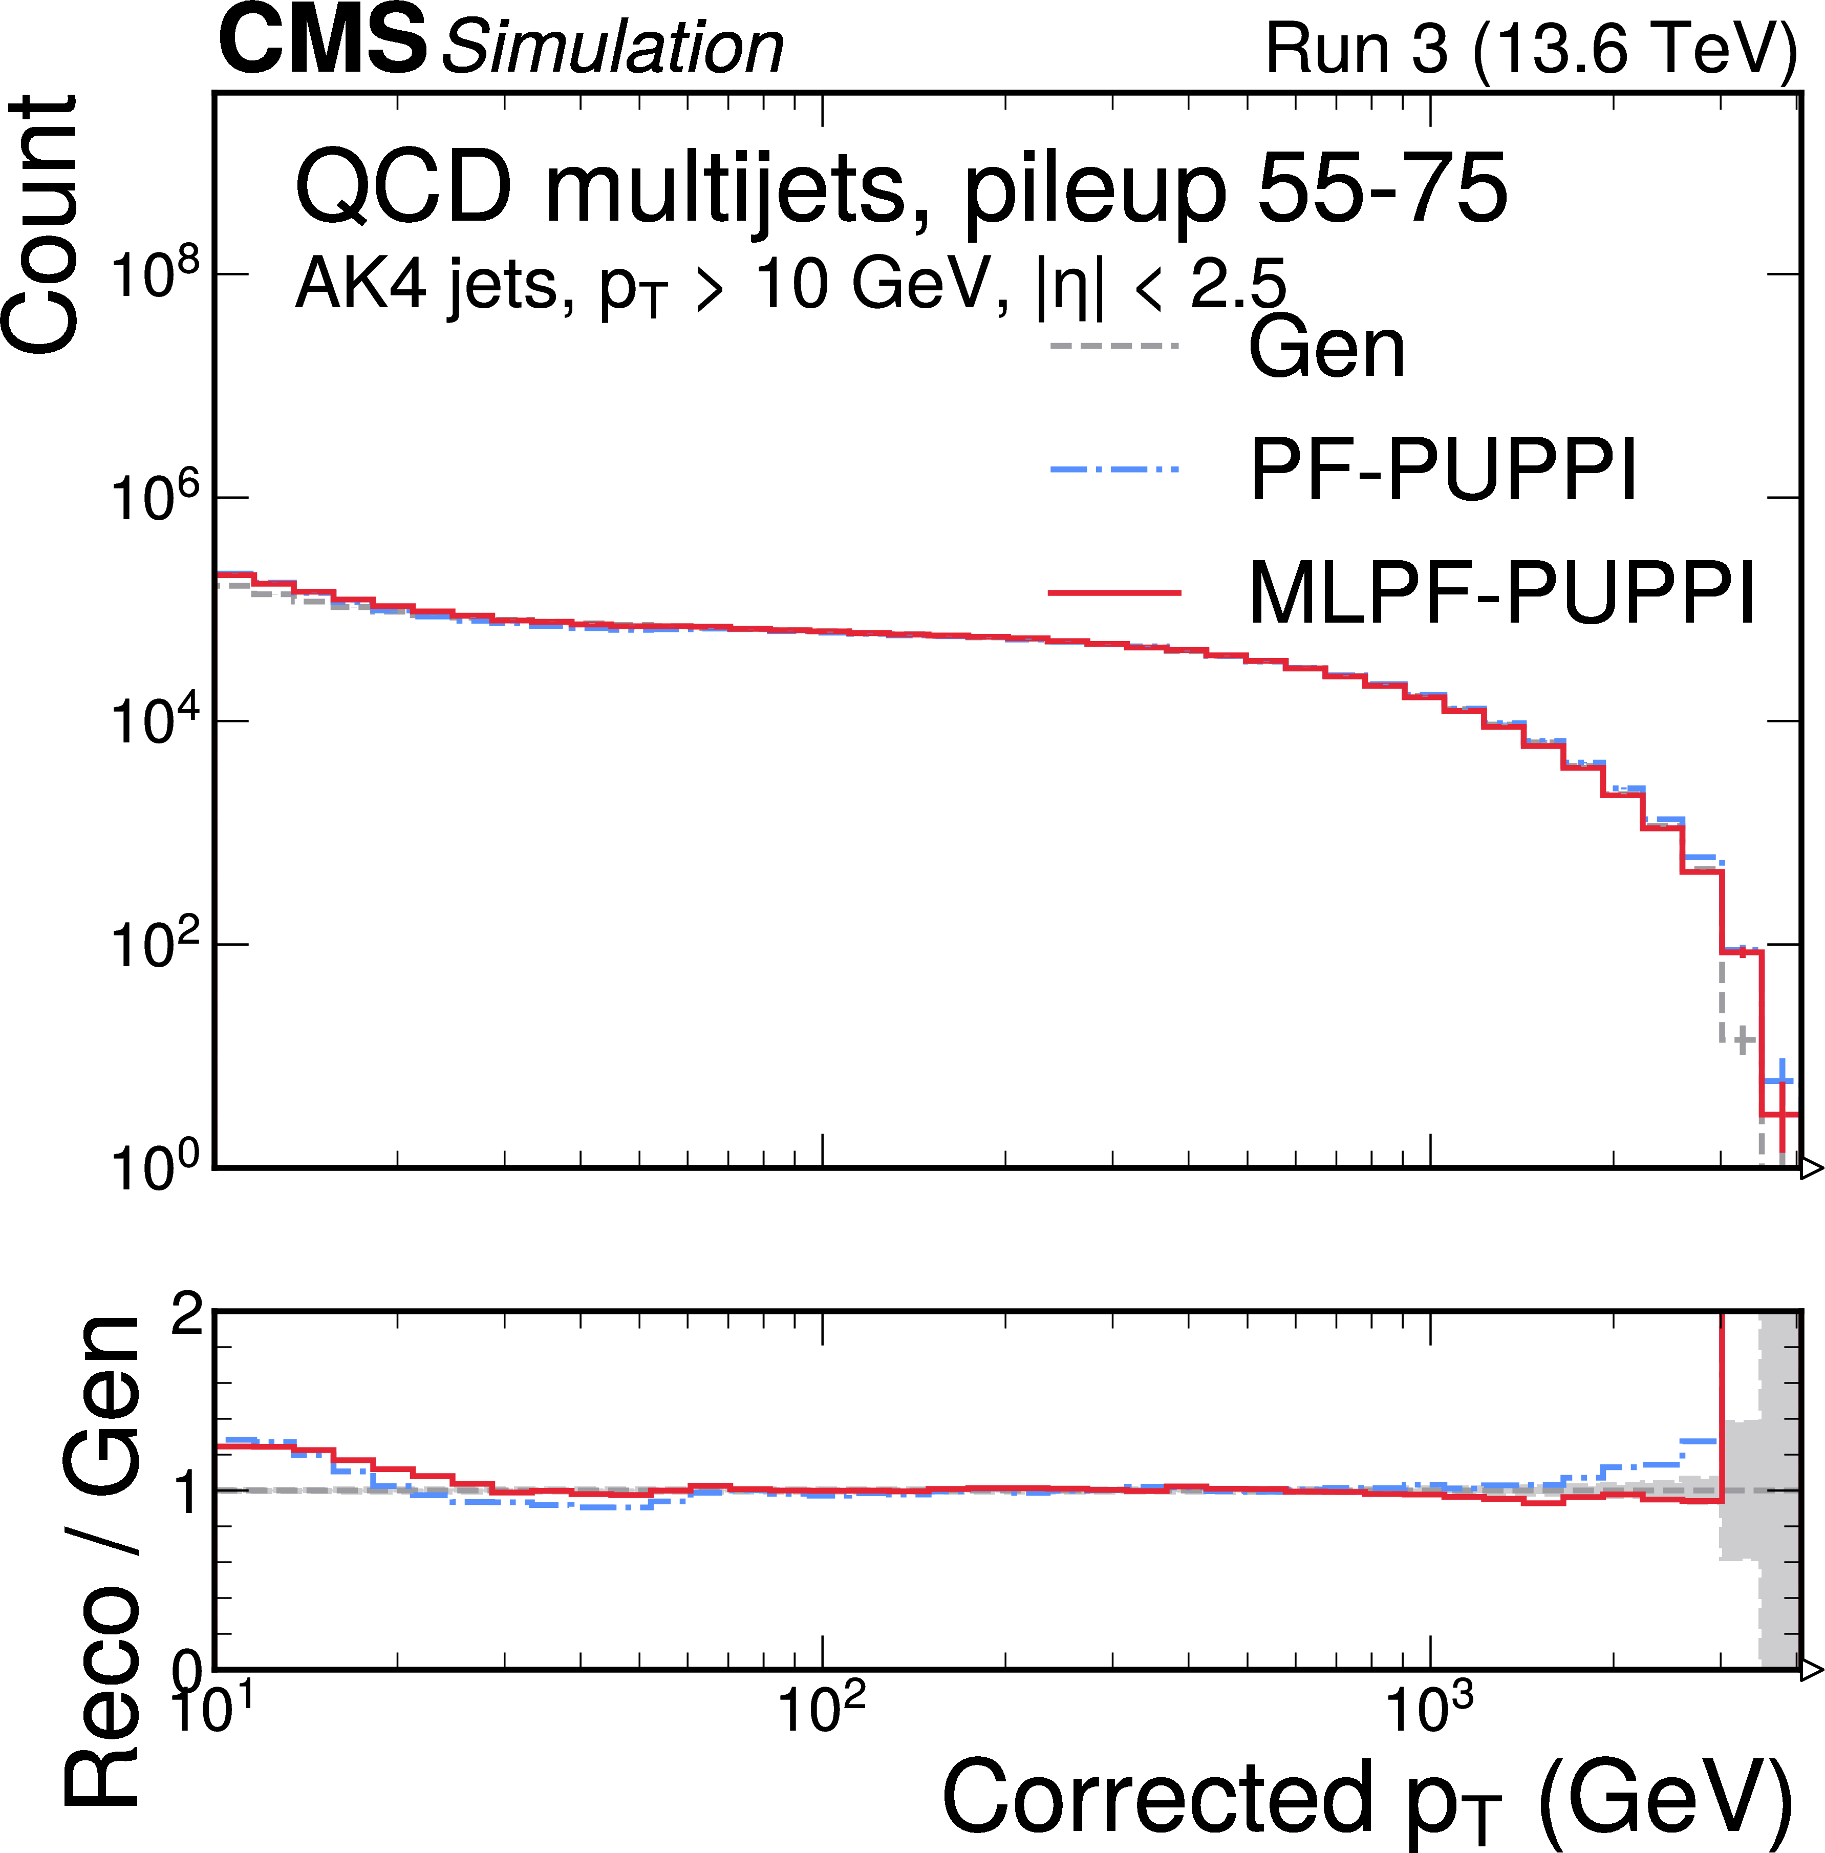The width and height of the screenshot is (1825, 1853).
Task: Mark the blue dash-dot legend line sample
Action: [1114, 470]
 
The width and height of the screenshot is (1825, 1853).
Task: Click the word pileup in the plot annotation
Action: [1093, 191]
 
